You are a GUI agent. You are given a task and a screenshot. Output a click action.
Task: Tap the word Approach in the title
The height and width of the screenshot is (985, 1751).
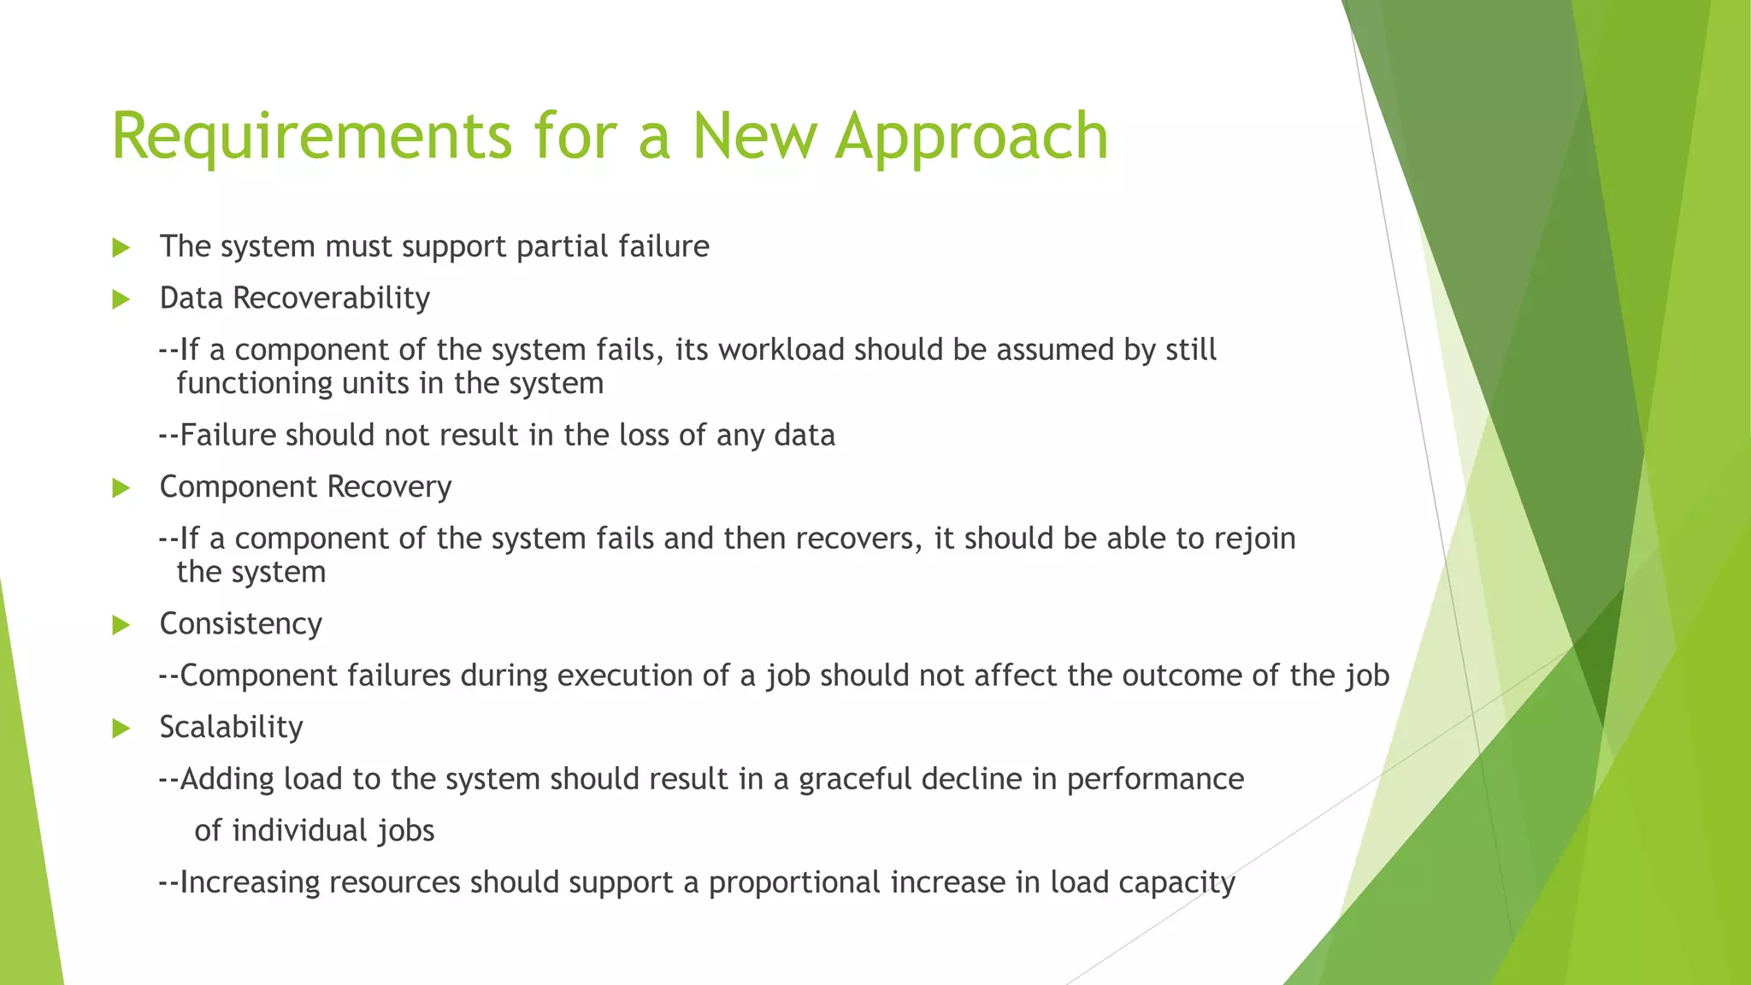pos(971,137)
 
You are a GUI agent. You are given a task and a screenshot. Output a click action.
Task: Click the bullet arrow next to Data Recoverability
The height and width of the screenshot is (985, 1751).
pos(121,299)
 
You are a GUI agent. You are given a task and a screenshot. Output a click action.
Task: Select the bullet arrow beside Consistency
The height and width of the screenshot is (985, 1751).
pos(121,625)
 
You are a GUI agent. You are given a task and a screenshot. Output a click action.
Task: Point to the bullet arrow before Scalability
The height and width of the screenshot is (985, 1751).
pos(121,728)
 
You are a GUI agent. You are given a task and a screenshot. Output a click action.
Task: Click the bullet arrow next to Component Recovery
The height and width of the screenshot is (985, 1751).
pos(121,488)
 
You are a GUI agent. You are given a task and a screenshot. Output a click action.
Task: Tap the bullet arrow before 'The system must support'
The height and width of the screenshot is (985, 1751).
pos(121,248)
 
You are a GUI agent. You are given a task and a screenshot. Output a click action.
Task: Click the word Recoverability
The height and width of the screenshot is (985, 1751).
pos(331,298)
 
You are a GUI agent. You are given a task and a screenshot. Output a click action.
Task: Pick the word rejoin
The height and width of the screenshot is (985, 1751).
pos(1255,539)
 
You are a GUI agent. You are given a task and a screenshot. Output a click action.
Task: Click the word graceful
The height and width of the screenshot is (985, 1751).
pos(855,779)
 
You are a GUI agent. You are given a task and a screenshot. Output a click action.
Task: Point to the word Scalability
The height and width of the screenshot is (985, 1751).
pos(231,727)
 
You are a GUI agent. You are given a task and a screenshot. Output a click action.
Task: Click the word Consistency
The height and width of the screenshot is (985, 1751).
pos(240,624)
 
